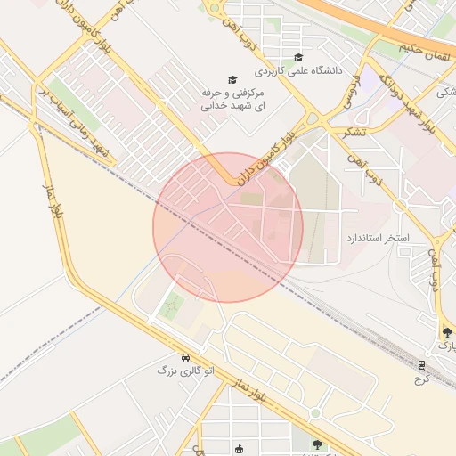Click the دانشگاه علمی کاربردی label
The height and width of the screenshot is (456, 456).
tap(293, 69)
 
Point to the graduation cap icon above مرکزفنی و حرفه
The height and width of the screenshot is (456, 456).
tap(233, 80)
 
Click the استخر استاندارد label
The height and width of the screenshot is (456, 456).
tap(377, 240)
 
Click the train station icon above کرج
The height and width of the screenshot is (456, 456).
tap(421, 364)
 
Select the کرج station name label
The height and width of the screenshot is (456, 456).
tap(421, 378)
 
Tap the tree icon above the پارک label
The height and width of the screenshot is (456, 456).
tap(446, 330)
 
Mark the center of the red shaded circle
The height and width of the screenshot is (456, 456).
tap(228, 227)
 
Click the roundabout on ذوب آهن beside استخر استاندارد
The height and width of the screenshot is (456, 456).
tap(400, 206)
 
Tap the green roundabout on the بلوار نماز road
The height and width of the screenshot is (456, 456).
tap(313, 414)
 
